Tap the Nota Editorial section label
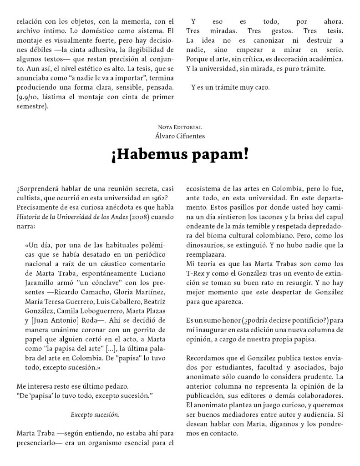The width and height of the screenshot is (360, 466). [180, 127]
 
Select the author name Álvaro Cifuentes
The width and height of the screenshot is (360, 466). [180, 135]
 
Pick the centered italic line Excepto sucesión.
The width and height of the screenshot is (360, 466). [95, 415]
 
